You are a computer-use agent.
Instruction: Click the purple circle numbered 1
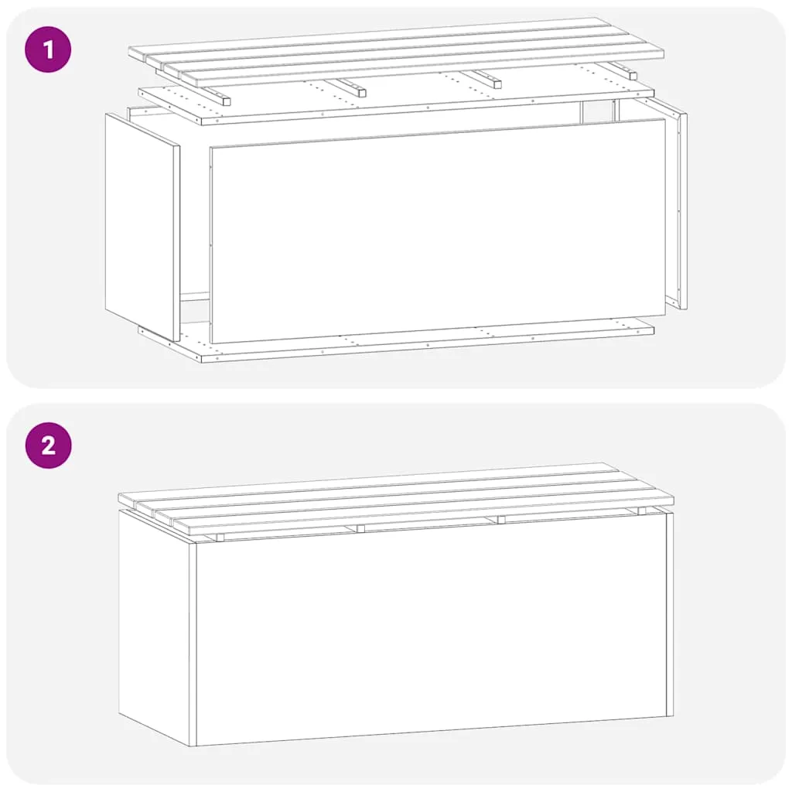48,49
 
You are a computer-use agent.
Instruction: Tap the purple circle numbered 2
48,445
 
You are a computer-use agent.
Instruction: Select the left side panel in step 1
142,227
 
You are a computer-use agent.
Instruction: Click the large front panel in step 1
438,230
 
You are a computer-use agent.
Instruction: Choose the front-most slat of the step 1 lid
422,68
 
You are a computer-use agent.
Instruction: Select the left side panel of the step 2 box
157,627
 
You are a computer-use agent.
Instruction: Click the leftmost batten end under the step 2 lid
219,537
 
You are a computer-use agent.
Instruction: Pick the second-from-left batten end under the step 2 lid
360,528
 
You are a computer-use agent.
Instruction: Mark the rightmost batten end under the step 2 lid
641,510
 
